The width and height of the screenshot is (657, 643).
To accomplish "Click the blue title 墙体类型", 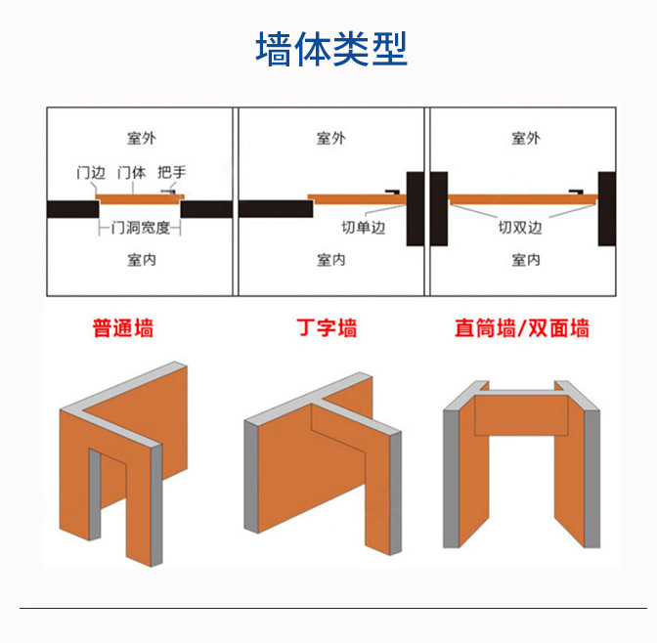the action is click(331, 49).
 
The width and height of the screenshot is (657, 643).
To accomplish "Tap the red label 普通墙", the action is click(123, 328).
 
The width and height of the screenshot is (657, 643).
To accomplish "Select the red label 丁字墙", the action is click(327, 328).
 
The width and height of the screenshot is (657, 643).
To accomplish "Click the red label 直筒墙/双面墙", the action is click(522, 328).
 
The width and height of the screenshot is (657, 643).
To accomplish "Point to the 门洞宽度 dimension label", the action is click(141, 228).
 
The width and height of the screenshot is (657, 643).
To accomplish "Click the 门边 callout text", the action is click(91, 172).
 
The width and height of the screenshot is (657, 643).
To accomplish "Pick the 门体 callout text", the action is click(132, 172).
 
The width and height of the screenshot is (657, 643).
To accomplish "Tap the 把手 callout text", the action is click(172, 172).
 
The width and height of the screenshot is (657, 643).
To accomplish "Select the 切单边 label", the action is click(364, 228).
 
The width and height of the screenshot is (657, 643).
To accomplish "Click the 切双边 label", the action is click(520, 228).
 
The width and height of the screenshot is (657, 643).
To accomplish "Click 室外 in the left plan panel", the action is click(142, 138).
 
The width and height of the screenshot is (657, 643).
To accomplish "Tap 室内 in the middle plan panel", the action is click(331, 260).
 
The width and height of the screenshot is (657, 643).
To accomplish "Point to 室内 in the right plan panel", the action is click(526, 260).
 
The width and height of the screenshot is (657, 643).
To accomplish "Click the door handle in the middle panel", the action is click(393, 193).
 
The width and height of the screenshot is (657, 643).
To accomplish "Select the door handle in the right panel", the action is click(576, 193).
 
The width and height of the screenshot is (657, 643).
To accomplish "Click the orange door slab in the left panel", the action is click(140, 199).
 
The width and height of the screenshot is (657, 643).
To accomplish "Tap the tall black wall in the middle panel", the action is click(416, 208).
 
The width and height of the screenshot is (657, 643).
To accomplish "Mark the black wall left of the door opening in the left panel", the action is click(73, 209).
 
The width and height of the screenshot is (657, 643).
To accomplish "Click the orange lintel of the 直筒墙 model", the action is click(521, 414).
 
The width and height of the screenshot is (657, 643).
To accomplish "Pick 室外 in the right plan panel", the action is click(526, 138).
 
